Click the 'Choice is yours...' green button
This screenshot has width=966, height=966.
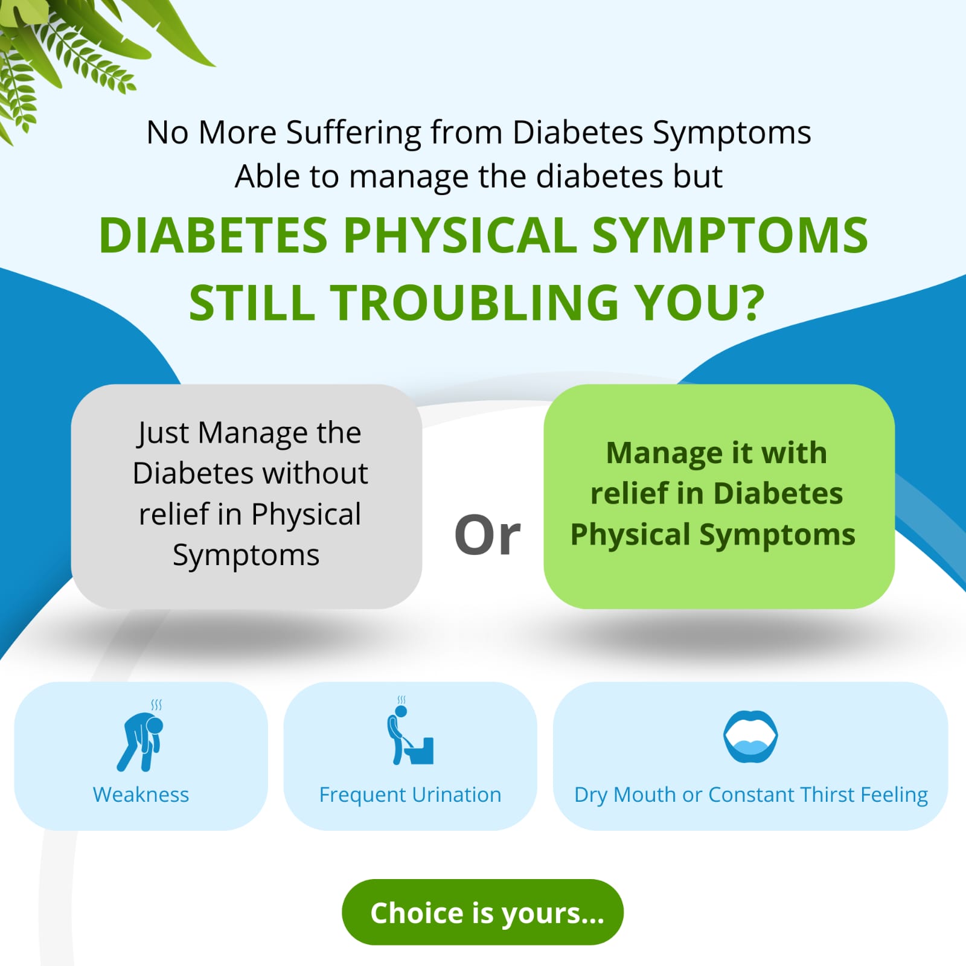tap(482, 912)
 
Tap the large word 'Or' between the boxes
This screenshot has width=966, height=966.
tap(487, 535)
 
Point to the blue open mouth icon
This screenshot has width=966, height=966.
tap(750, 737)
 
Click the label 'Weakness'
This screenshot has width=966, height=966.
tap(141, 795)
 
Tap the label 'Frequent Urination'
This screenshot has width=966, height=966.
tap(410, 795)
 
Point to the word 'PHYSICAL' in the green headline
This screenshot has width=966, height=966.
tap(461, 235)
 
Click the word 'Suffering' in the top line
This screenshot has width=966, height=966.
tap(354, 133)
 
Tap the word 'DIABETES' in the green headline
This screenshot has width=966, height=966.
tap(213, 235)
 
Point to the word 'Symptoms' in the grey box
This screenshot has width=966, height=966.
tap(246, 555)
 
